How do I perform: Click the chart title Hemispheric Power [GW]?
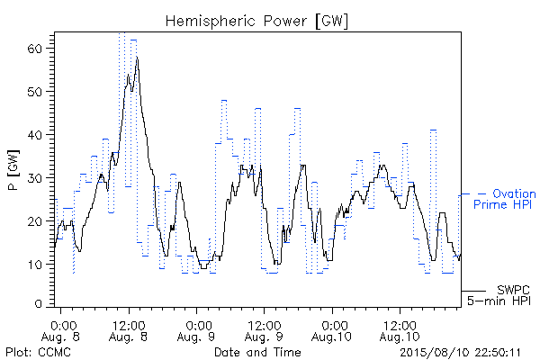(256, 22)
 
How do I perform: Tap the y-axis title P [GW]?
(13, 170)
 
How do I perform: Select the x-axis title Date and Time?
(257, 353)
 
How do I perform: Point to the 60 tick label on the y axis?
(35, 49)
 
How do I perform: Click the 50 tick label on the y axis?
(35, 92)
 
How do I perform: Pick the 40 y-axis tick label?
(35, 135)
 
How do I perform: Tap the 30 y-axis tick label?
(35, 178)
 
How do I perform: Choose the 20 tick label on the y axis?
(35, 221)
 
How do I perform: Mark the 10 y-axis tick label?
(35, 265)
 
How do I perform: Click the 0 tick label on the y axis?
(39, 304)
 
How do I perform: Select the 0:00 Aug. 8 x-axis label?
(60, 331)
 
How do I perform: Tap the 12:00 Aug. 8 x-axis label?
(128, 331)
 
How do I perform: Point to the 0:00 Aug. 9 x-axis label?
(196, 331)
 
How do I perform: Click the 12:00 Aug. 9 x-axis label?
(264, 331)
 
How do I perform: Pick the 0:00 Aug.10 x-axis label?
(331, 331)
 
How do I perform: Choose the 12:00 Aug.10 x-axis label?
(400, 331)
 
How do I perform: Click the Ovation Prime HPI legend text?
(505, 199)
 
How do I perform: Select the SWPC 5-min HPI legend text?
(499, 295)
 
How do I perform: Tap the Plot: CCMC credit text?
(38, 353)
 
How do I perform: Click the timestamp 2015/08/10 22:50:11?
(460, 353)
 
